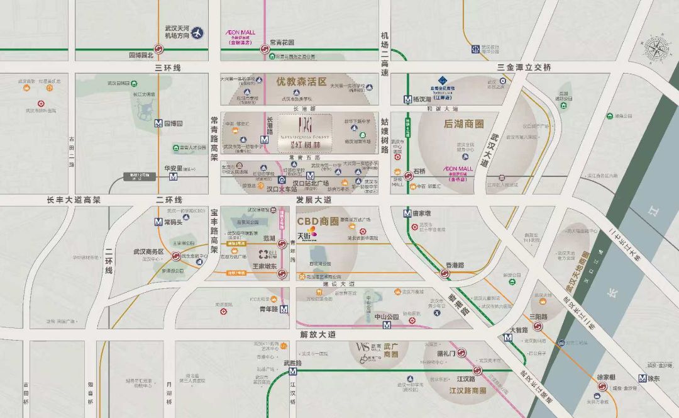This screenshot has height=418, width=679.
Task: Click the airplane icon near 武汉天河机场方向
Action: tap(198, 33)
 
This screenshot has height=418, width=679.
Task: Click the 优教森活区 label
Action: tap(302, 82)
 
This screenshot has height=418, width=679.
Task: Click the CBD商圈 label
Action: tap(317, 222)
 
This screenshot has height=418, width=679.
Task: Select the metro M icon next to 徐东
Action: tap(642, 378)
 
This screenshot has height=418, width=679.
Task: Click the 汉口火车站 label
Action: tap(281, 188)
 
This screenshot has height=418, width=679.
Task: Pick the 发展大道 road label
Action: tap(314, 200)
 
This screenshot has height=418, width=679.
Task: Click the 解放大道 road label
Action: tap(317, 334)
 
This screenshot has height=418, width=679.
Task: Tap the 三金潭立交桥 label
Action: tap(524, 67)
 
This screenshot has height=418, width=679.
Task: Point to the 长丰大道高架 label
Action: tap(74, 200)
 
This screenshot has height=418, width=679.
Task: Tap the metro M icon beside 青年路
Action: tap(285, 310)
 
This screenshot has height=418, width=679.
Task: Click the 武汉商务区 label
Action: tap(148, 252)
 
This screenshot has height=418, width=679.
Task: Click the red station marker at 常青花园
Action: tap(265, 55)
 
